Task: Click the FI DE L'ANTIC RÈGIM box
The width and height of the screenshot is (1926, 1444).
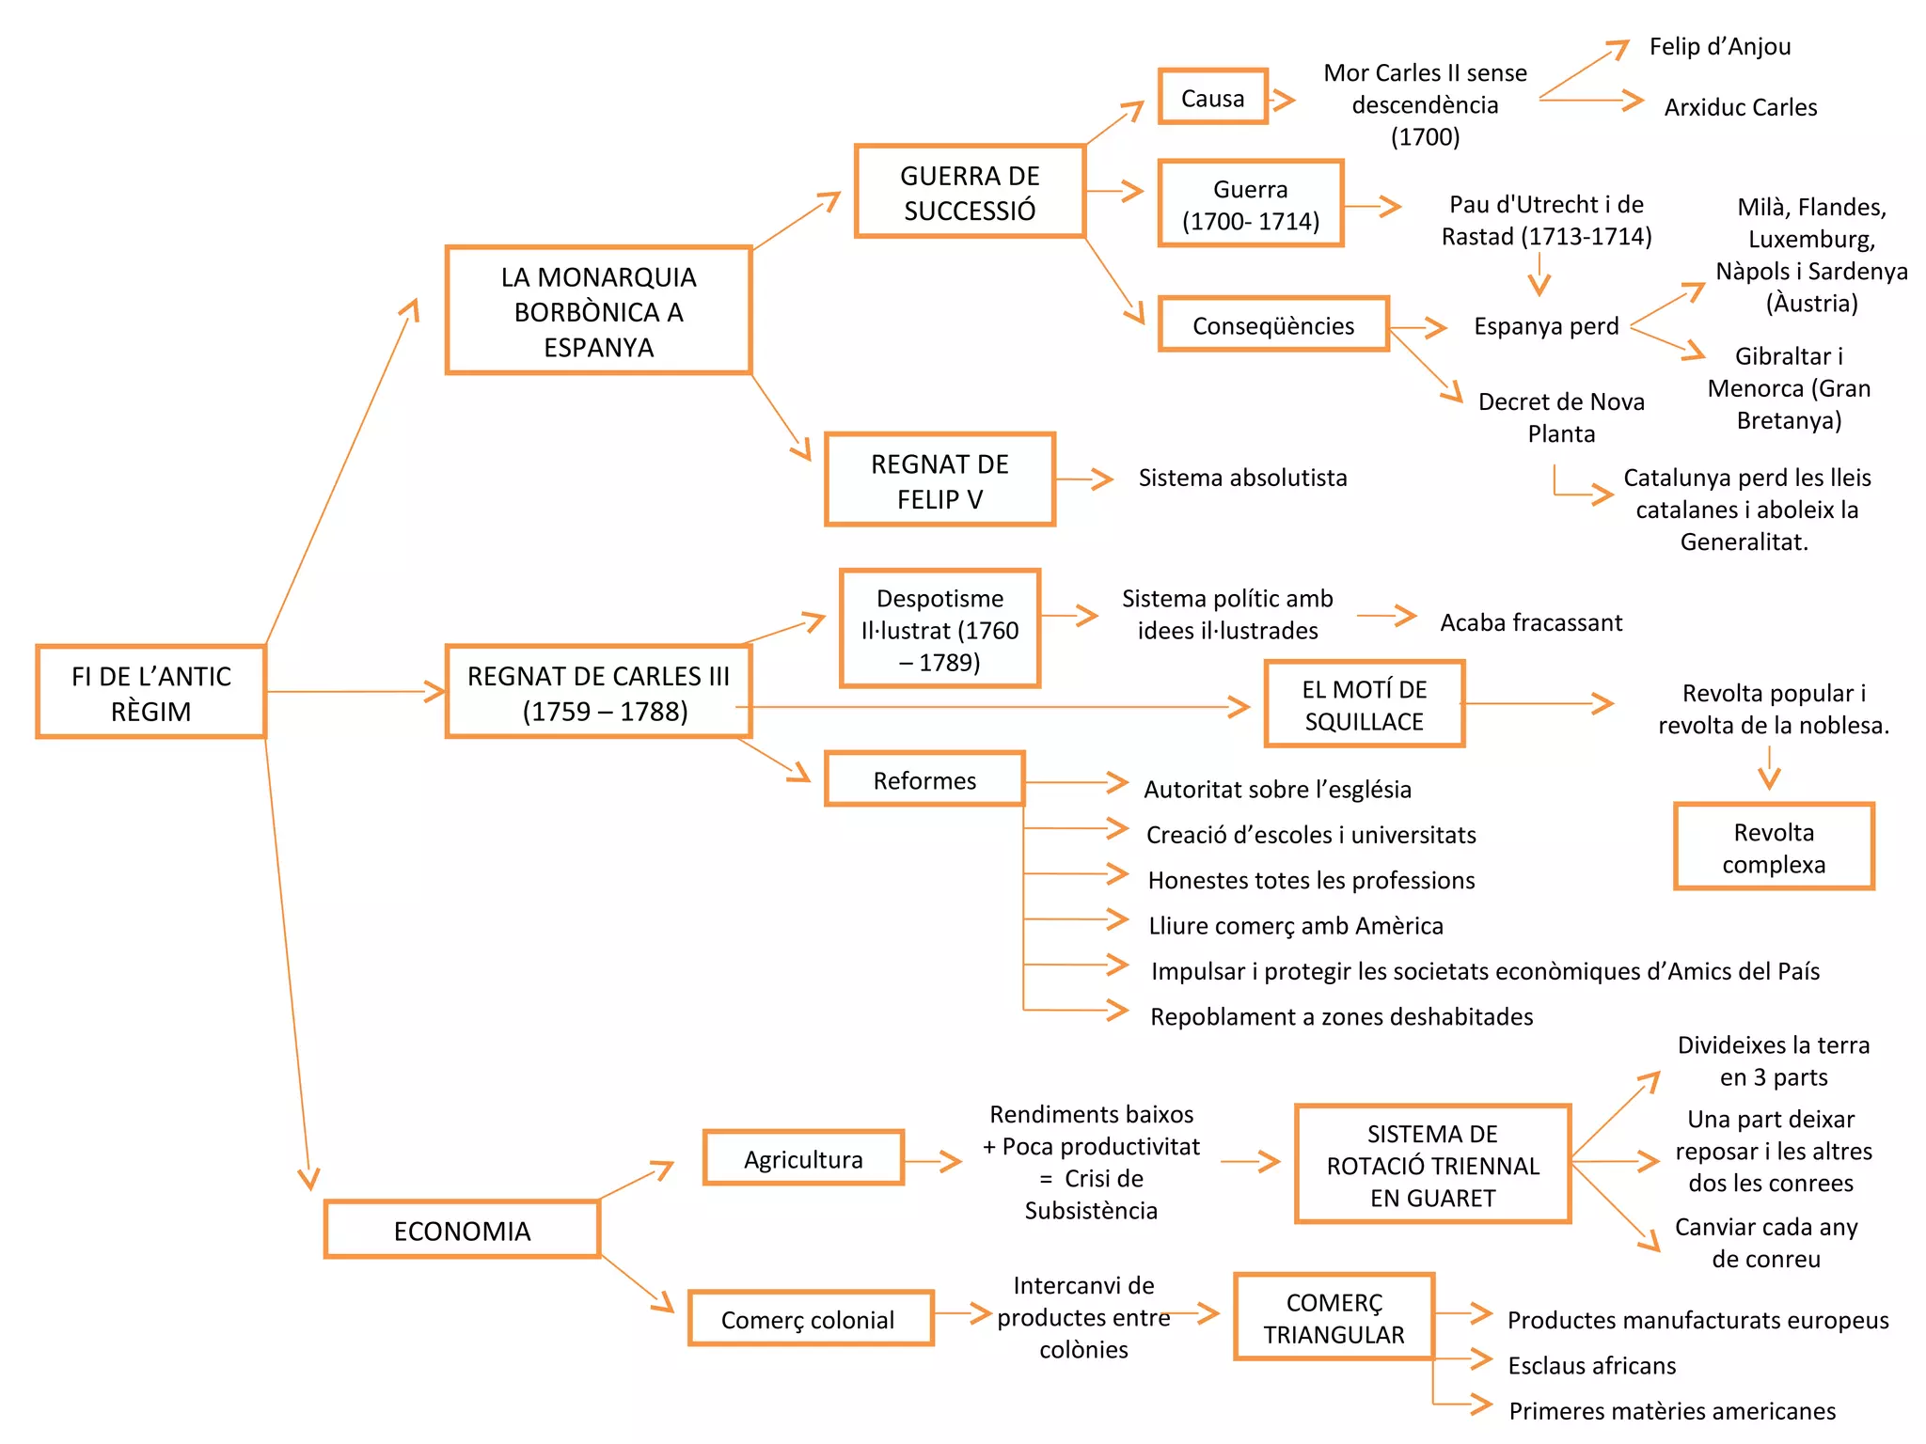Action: pyautogui.click(x=150, y=692)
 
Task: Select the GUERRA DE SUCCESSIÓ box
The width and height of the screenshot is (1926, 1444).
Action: pyautogui.click(x=970, y=192)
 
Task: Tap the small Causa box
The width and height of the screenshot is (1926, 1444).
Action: pyautogui.click(x=1212, y=97)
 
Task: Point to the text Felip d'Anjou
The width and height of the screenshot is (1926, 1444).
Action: pyautogui.click(x=1719, y=46)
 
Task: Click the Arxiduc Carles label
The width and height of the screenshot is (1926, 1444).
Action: pyautogui.click(x=1740, y=107)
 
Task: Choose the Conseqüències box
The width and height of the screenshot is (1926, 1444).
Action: pyautogui.click(x=1273, y=325)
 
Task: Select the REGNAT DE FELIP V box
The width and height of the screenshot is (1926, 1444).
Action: pyautogui.click(x=939, y=480)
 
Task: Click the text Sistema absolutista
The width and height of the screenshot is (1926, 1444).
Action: pyautogui.click(x=1242, y=478)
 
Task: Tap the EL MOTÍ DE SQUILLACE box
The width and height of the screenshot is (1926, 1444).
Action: pyautogui.click(x=1364, y=704)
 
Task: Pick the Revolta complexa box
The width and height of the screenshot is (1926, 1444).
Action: pyautogui.click(x=1774, y=847)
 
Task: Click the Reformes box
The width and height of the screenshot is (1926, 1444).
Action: pyautogui.click(x=924, y=779)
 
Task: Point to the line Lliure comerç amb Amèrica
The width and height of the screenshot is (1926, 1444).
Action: pyautogui.click(x=1295, y=926)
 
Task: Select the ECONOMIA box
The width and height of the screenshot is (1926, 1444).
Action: pyautogui.click(x=462, y=1230)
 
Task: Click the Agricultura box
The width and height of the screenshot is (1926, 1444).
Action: pyautogui.click(x=803, y=1159)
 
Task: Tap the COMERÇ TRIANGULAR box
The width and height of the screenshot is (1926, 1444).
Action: pyautogui.click(x=1334, y=1318)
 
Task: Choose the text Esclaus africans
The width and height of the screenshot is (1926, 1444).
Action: pyautogui.click(x=1591, y=1365)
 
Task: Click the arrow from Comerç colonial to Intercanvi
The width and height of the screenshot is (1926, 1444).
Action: pyautogui.click(x=964, y=1313)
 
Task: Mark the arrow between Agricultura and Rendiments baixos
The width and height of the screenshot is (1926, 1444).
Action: pyautogui.click(x=933, y=1162)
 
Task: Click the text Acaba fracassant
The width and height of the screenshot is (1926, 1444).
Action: pyautogui.click(x=1531, y=622)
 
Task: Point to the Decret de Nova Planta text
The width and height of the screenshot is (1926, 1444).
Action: pyautogui.click(x=1560, y=417)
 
